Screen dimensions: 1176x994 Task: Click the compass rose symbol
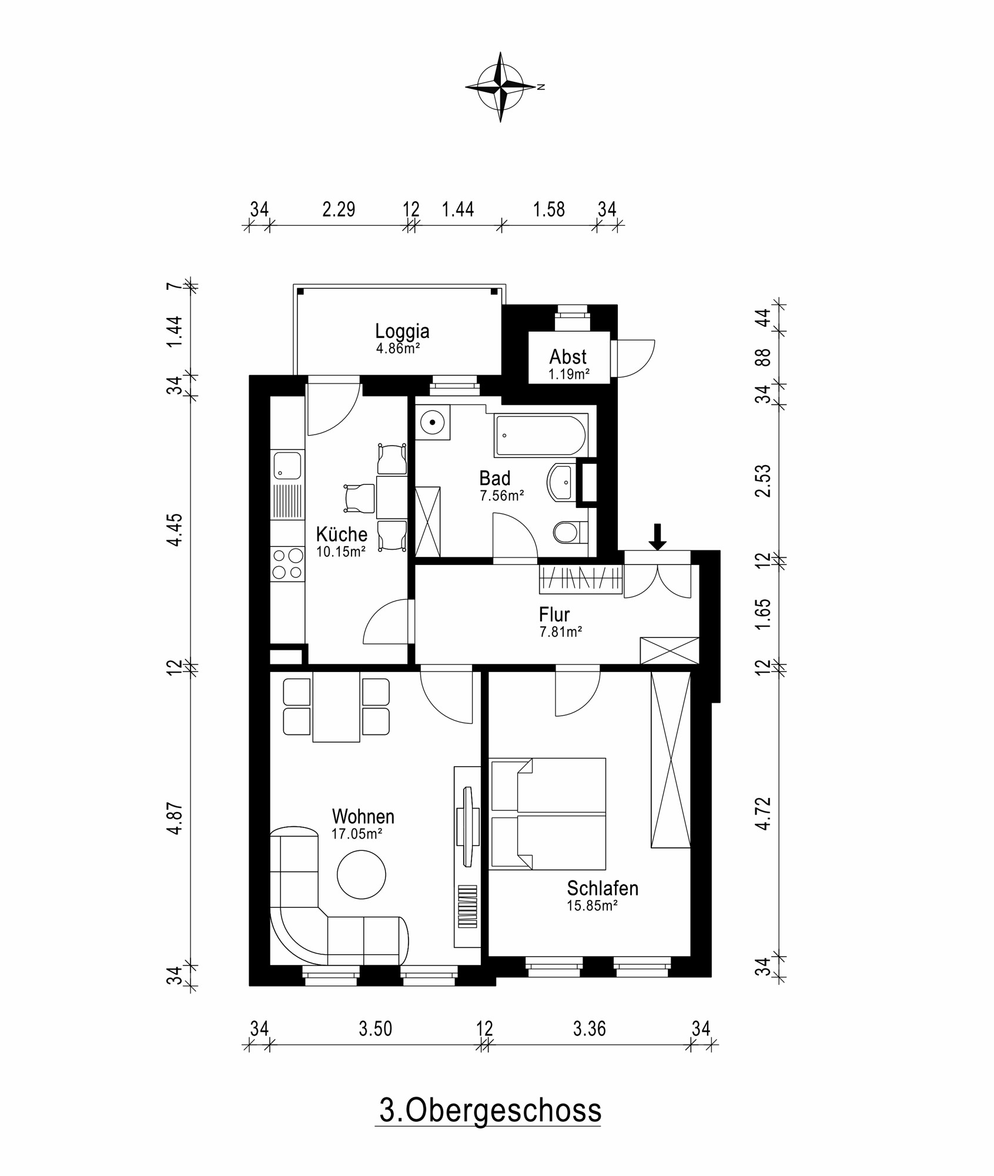[x=500, y=87]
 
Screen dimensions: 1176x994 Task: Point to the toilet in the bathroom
[x=567, y=533]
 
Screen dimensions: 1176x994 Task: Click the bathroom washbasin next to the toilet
[x=561, y=482]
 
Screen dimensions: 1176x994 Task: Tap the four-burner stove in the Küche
[x=287, y=563]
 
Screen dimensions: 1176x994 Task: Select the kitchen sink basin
[x=287, y=465]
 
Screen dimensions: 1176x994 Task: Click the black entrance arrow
[x=657, y=536]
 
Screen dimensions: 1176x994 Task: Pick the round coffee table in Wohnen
[x=361, y=874]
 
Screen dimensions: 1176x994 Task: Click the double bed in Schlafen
[x=548, y=814]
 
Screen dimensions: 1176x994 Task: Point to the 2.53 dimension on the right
[x=762, y=480]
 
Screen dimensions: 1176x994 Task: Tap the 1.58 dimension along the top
[x=548, y=209]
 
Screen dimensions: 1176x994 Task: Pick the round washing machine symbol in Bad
[x=433, y=422]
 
